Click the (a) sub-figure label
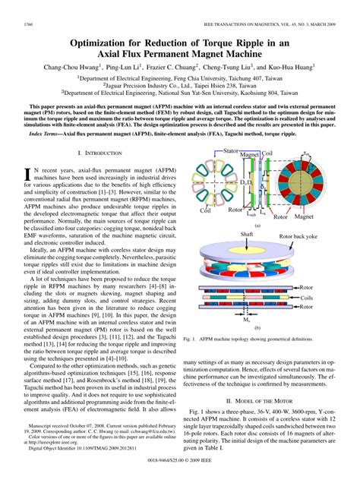point(257,225)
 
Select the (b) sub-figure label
point(257,327)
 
